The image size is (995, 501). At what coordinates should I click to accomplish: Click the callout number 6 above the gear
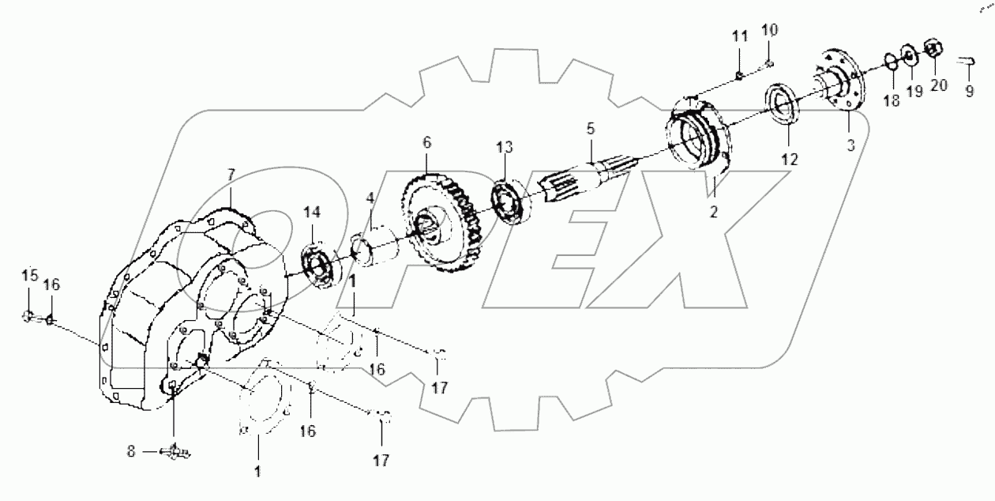[427, 143]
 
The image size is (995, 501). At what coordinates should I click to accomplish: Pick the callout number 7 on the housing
[231, 174]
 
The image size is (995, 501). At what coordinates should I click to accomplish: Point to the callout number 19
[914, 91]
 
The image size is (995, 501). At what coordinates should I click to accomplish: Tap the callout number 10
[769, 31]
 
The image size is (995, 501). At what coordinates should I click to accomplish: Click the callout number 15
[28, 276]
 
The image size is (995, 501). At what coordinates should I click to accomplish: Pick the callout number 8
[131, 451]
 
